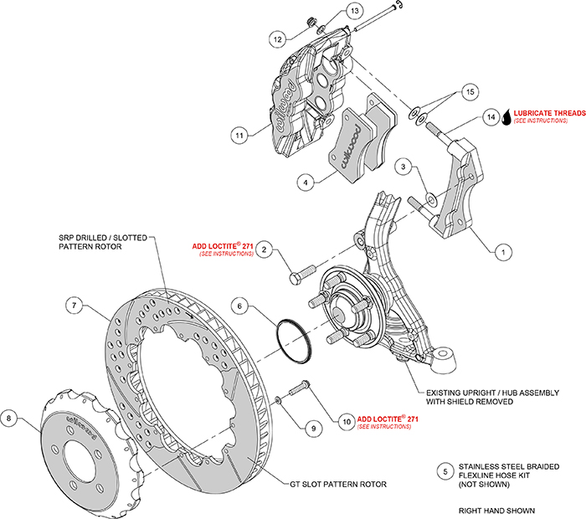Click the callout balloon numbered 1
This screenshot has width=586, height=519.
point(503,250)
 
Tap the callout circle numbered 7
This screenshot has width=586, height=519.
point(75,307)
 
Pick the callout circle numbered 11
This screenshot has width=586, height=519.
point(240,134)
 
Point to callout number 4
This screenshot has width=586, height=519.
point(307,181)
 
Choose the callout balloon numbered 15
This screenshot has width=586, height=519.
point(470,90)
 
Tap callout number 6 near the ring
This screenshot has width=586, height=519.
point(239,307)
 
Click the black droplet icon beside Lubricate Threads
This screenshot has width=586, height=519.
point(505,118)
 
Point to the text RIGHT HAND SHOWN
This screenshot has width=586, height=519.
point(496,510)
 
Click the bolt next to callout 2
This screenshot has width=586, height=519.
point(301,273)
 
